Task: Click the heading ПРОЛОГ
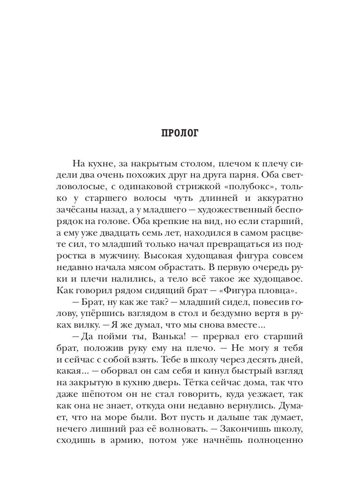pos(180,133)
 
